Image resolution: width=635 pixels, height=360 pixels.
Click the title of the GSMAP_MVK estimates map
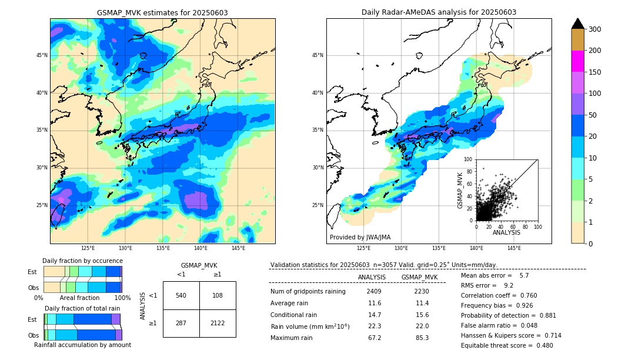(x=162, y=12)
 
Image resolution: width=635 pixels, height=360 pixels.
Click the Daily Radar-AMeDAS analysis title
(x=439, y=12)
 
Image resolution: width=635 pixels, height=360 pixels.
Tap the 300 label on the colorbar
(x=596, y=29)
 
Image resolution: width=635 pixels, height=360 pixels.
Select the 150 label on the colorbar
(x=596, y=72)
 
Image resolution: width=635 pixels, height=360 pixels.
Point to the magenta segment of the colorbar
(x=577, y=61)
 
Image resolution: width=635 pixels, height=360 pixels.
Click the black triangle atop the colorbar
(x=577, y=24)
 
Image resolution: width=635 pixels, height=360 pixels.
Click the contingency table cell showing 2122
(x=218, y=323)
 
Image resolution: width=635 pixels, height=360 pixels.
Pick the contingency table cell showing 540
(x=181, y=295)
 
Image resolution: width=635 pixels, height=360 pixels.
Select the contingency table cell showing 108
(x=218, y=295)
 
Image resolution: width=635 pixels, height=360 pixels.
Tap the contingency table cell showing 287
(x=181, y=323)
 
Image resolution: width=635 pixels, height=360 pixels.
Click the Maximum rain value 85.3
(x=422, y=338)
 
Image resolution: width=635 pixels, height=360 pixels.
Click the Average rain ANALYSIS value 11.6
(x=375, y=303)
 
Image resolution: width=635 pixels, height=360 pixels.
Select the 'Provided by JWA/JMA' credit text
(x=360, y=237)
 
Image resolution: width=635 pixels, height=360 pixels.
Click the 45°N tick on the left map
(x=42, y=55)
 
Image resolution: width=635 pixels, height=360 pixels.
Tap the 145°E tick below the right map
(x=514, y=248)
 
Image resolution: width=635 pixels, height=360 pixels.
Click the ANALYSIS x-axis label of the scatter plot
(x=506, y=232)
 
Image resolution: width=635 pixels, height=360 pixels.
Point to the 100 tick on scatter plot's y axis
(x=469, y=159)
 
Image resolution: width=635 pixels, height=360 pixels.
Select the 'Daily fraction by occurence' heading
(x=82, y=261)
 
